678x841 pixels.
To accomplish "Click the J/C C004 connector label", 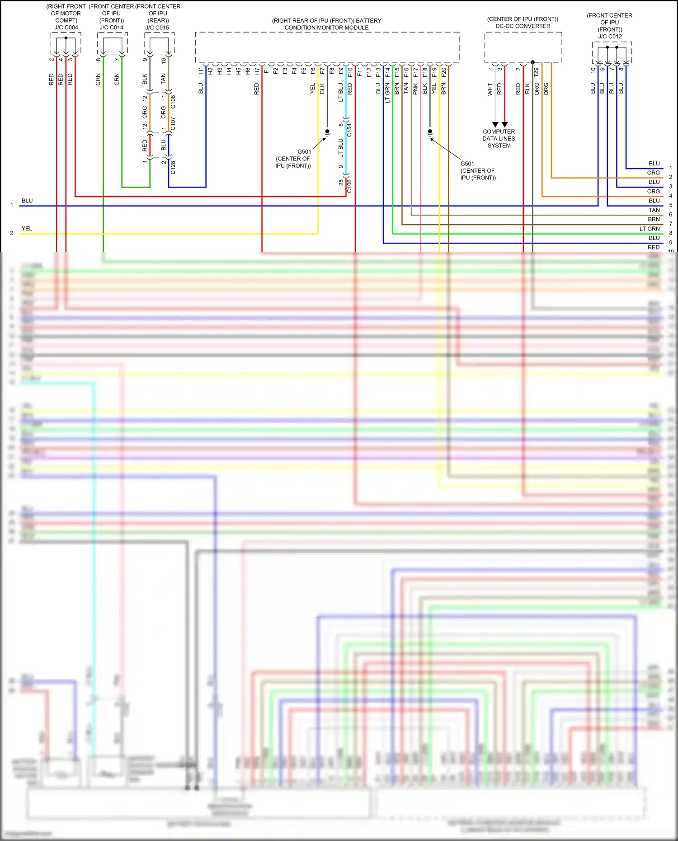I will tap(66, 28).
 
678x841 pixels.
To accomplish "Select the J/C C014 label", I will tap(111, 28).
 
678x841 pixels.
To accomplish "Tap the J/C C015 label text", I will tap(157, 28).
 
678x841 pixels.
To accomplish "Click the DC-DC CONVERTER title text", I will tap(523, 26).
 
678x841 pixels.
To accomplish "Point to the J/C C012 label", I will tap(610, 37).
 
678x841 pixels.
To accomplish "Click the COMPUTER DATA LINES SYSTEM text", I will tap(499, 139).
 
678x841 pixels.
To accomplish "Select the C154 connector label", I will tap(349, 130).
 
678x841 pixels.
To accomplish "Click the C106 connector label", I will tap(349, 186).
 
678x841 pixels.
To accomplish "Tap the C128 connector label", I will tap(173, 167).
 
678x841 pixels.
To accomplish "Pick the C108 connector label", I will tap(173, 102).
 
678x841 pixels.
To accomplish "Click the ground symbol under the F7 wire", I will tap(327, 132).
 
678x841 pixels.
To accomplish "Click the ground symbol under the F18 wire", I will tap(430, 132).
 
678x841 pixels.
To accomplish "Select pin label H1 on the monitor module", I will tap(201, 71).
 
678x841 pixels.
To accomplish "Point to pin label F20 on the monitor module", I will tap(444, 71).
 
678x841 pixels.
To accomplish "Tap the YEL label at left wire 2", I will tap(27, 229).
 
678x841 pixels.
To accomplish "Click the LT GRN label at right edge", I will tap(649, 229).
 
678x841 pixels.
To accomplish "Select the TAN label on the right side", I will tap(654, 210).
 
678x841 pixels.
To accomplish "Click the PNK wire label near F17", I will tap(415, 89).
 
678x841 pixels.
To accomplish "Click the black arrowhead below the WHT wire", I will tap(495, 124).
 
